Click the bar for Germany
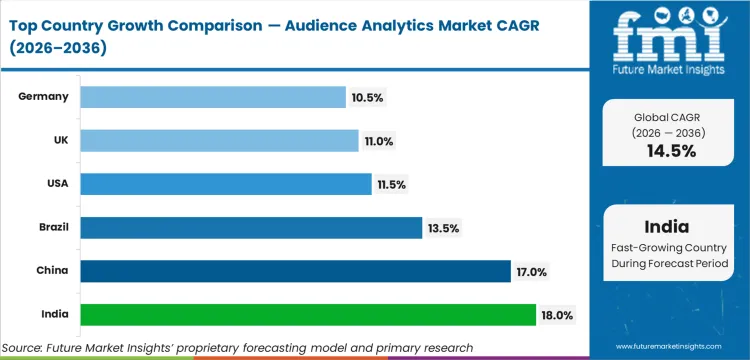point(213,97)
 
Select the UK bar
point(219,141)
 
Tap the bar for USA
point(225,184)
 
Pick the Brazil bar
point(251,228)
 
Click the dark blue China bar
point(295,271)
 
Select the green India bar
point(308,315)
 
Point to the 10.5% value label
point(367,97)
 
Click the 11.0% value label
point(379,141)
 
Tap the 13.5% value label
point(443,228)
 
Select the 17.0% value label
point(531,271)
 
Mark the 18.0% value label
point(557,315)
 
